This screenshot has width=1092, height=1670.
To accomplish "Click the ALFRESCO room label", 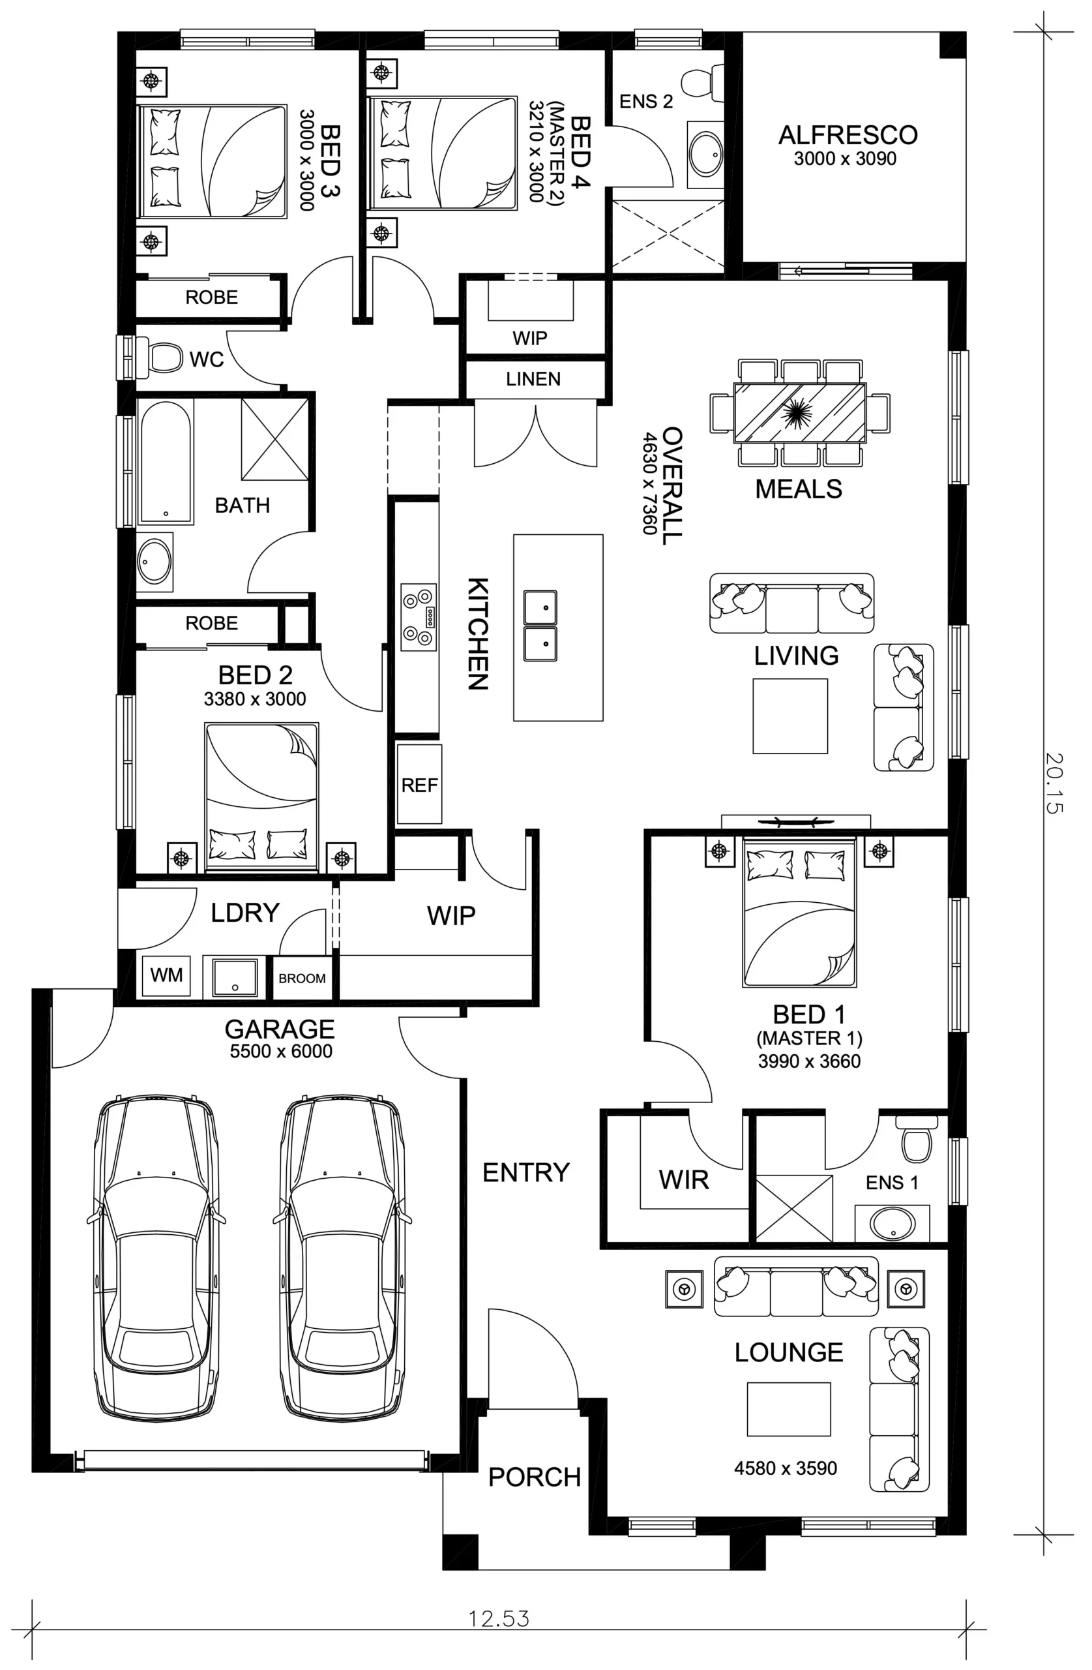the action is (x=848, y=135).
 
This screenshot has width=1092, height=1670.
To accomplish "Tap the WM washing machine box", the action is (x=166, y=975).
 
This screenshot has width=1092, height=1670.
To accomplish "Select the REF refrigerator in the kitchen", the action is (x=419, y=783).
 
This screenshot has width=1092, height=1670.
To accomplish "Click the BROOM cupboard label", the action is (x=303, y=978).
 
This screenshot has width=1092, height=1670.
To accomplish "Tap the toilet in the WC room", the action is (x=160, y=358).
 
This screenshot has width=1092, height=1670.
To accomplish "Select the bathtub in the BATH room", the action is (x=166, y=462).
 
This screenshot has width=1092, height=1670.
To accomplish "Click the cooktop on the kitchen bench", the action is (x=419, y=616).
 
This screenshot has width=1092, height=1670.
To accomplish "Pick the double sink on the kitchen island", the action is (x=540, y=625).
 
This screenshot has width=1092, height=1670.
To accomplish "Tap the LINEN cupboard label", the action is (x=533, y=379).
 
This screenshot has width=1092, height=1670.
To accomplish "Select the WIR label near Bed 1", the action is (x=684, y=1180).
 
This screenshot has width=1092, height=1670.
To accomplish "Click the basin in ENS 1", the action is (x=892, y=1223).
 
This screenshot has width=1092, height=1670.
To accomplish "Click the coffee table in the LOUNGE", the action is (x=788, y=1409).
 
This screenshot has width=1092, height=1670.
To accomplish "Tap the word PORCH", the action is (x=535, y=1477).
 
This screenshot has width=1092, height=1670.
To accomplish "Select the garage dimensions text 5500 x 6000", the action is (x=280, y=1050).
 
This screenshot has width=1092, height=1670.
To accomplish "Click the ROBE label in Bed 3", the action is (x=211, y=297).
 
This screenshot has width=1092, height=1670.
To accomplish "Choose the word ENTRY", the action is (x=526, y=1172).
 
